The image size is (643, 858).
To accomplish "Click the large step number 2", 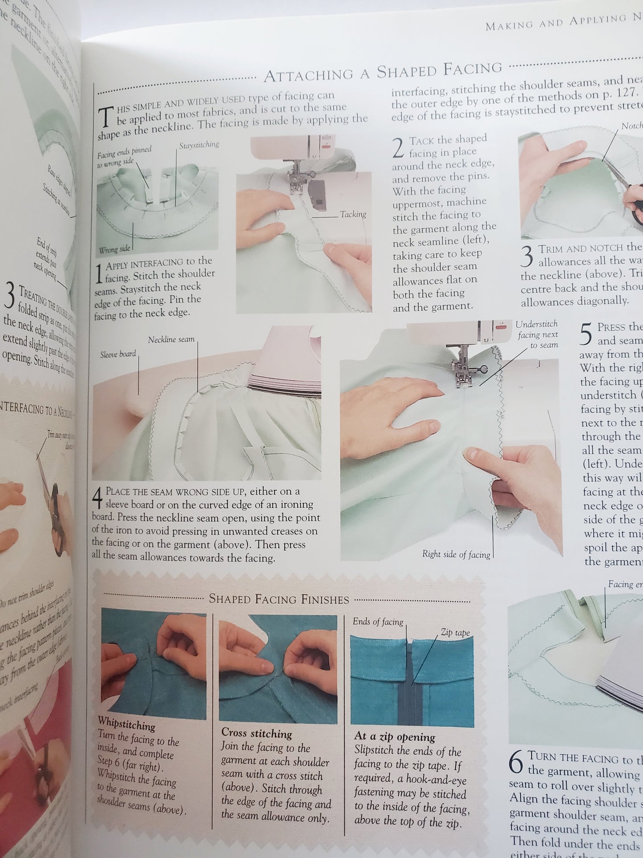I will pos(399,148).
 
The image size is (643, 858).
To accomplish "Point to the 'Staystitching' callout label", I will pos(199,145).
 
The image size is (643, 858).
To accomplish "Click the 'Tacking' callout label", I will pos(353,215).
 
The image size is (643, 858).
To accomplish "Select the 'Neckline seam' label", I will pos(171,339).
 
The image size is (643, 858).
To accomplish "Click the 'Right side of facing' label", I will pos(456,554).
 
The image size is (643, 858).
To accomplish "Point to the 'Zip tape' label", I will pos(455,632).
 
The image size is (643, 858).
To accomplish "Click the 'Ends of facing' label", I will pos(378,622).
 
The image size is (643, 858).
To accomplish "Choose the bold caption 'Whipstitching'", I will pos(126,725).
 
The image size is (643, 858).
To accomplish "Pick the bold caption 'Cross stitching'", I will pos(256,733).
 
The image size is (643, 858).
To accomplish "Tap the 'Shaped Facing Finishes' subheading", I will pos(279,599).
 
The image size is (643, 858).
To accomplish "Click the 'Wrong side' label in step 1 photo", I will pos(114,249).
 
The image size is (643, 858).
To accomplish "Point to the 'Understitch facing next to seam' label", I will pos(537,334).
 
